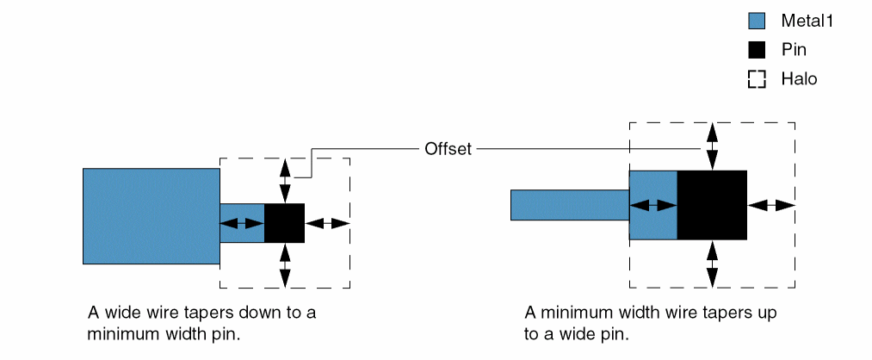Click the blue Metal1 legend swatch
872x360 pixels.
click(x=757, y=21)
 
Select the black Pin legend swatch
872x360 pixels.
click(x=757, y=50)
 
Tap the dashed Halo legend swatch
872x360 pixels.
click(x=757, y=79)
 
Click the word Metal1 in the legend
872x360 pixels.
click(x=807, y=21)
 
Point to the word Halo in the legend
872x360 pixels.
click(x=799, y=79)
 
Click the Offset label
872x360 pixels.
click(x=448, y=149)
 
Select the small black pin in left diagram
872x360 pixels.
click(x=284, y=223)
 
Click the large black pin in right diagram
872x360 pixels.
click(x=712, y=205)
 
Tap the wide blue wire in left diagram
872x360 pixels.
click(x=152, y=215)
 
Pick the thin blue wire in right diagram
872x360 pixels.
click(x=569, y=205)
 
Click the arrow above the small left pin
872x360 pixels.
click(x=285, y=180)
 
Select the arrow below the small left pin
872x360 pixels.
click(x=285, y=265)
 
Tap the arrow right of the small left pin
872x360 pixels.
click(x=328, y=223)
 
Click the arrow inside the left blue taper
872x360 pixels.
click(x=242, y=223)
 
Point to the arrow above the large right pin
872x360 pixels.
click(x=712, y=146)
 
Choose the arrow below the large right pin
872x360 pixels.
click(x=712, y=264)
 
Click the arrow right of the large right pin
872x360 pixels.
click(x=770, y=205)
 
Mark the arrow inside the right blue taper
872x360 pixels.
click(x=653, y=205)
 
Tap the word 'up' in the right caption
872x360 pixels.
click(x=766, y=312)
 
